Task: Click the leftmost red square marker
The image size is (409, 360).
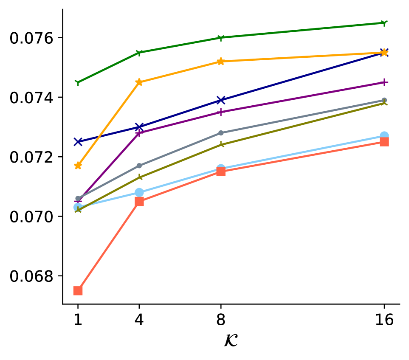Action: coord(78,291)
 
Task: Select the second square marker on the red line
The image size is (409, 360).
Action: coord(139,201)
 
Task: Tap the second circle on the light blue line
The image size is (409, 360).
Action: coord(139,192)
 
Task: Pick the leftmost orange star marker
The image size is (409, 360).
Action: coord(78,165)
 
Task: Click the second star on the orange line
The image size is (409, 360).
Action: coord(139,82)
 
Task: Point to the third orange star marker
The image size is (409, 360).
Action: coord(220,62)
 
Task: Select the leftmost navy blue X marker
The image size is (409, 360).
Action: coord(78,141)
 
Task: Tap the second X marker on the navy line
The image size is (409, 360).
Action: coord(139,127)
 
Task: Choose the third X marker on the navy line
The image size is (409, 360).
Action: coord(221,100)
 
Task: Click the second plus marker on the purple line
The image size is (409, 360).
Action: coord(139,133)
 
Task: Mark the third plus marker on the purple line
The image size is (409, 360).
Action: coord(220,112)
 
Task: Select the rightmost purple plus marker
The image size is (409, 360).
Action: coord(384,82)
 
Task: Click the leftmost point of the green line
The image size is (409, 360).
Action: coord(78,82)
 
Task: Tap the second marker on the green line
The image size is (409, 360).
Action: coord(139,53)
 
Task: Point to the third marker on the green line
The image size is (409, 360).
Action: coord(220,38)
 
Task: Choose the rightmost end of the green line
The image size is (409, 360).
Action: coord(384,23)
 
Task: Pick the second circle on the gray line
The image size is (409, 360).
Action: coord(139,166)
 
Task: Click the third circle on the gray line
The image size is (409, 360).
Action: coord(221,133)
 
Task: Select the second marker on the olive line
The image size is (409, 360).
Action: coord(140,177)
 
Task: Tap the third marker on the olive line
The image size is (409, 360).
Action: coord(221,145)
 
